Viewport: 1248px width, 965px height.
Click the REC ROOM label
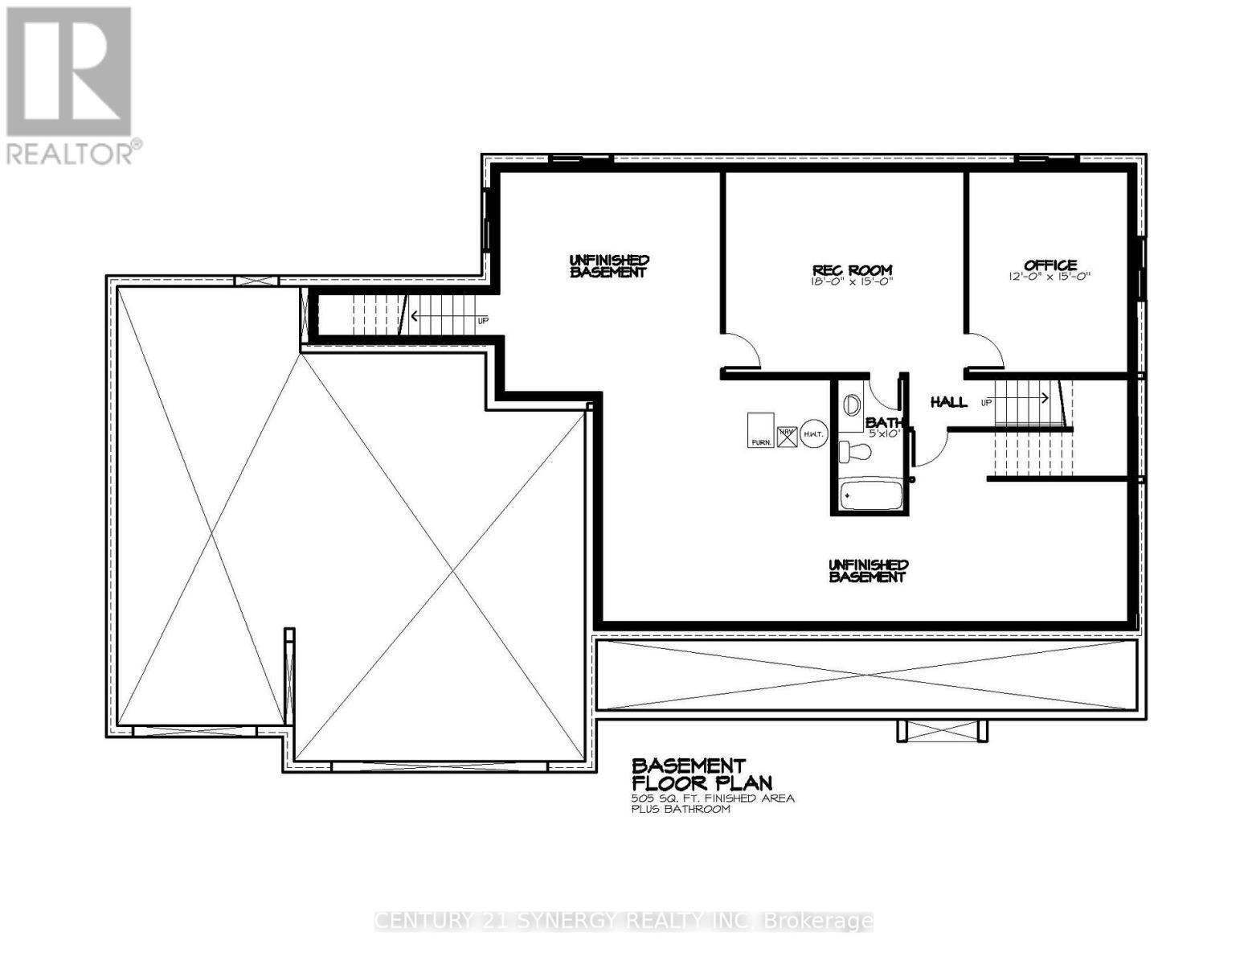[x=851, y=270]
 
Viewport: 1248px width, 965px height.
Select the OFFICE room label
[x=1050, y=265]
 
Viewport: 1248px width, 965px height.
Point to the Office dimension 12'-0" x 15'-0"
[x=1050, y=276]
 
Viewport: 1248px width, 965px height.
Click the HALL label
[x=948, y=401]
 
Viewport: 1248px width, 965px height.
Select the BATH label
[x=884, y=422]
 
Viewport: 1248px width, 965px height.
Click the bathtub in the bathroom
[x=872, y=495]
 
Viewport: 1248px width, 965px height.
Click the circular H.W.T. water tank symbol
[x=812, y=435]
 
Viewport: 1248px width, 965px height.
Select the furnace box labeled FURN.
[x=760, y=430]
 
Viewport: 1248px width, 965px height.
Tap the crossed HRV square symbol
[x=786, y=435]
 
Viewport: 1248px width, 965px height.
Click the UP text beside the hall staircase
[x=987, y=401]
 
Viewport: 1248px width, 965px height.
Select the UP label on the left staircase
[x=483, y=320]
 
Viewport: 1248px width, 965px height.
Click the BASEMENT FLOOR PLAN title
[x=701, y=774]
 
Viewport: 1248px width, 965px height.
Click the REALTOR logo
[x=71, y=84]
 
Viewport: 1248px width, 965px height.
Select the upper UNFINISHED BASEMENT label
[x=608, y=266]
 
